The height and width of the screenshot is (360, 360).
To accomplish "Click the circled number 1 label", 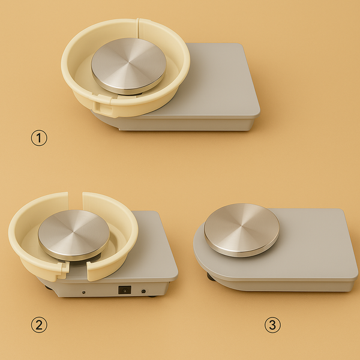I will pyautogui.click(x=39, y=138).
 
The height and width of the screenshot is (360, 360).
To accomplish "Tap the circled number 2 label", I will pyautogui.click(x=39, y=325).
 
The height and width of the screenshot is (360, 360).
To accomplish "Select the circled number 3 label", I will pyautogui.click(x=272, y=325).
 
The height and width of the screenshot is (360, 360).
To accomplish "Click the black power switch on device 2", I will pyautogui.click(x=124, y=290).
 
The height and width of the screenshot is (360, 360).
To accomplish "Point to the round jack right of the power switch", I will pyautogui.click(x=143, y=291).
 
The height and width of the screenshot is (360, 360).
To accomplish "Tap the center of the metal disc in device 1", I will pyautogui.click(x=128, y=65).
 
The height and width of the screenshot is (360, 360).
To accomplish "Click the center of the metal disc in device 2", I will pyautogui.click(x=73, y=233).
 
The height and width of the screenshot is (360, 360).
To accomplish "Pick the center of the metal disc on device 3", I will pyautogui.click(x=241, y=229).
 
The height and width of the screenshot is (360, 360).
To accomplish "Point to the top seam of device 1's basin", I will pyautogui.click(x=139, y=23).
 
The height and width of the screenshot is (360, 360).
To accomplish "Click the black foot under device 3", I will pyautogui.click(x=210, y=277).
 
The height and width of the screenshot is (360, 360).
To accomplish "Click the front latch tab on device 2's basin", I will pyautogui.click(x=61, y=273).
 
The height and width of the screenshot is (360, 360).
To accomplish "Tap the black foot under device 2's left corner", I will pyautogui.click(x=48, y=286).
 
